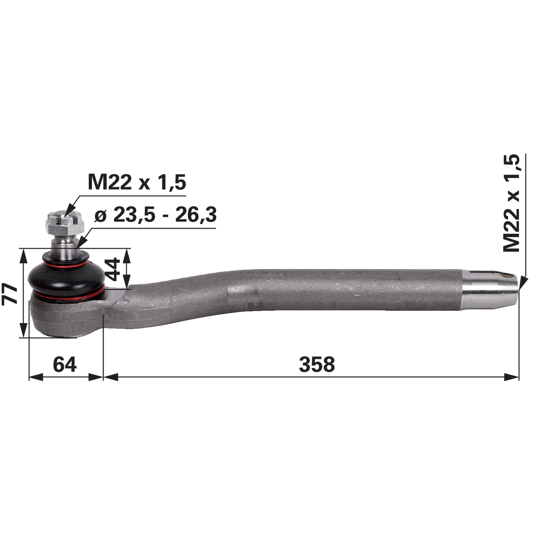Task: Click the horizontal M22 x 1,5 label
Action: (137, 183)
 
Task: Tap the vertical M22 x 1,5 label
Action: (512, 203)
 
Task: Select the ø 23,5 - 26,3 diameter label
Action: (155, 214)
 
